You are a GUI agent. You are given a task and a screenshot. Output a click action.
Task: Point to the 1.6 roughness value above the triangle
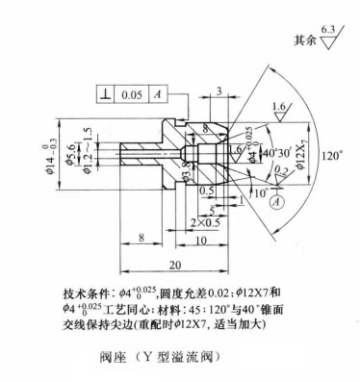pyautogui.click(x=278, y=107)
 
